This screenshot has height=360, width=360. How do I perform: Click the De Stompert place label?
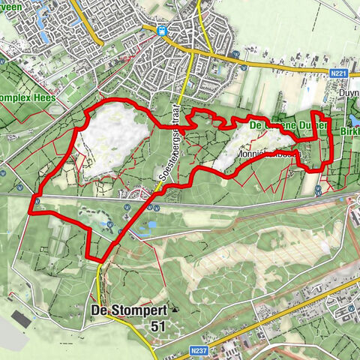point(127,310)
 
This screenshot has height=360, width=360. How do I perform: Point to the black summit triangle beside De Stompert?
point(175,308)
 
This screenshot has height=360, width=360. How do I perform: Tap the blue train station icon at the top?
point(162,31)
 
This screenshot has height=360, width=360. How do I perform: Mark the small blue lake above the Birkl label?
point(354,119)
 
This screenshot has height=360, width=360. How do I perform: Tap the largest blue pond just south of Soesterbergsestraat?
point(152,223)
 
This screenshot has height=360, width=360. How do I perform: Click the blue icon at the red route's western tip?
point(35,200)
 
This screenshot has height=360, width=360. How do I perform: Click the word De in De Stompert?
point(98,310)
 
